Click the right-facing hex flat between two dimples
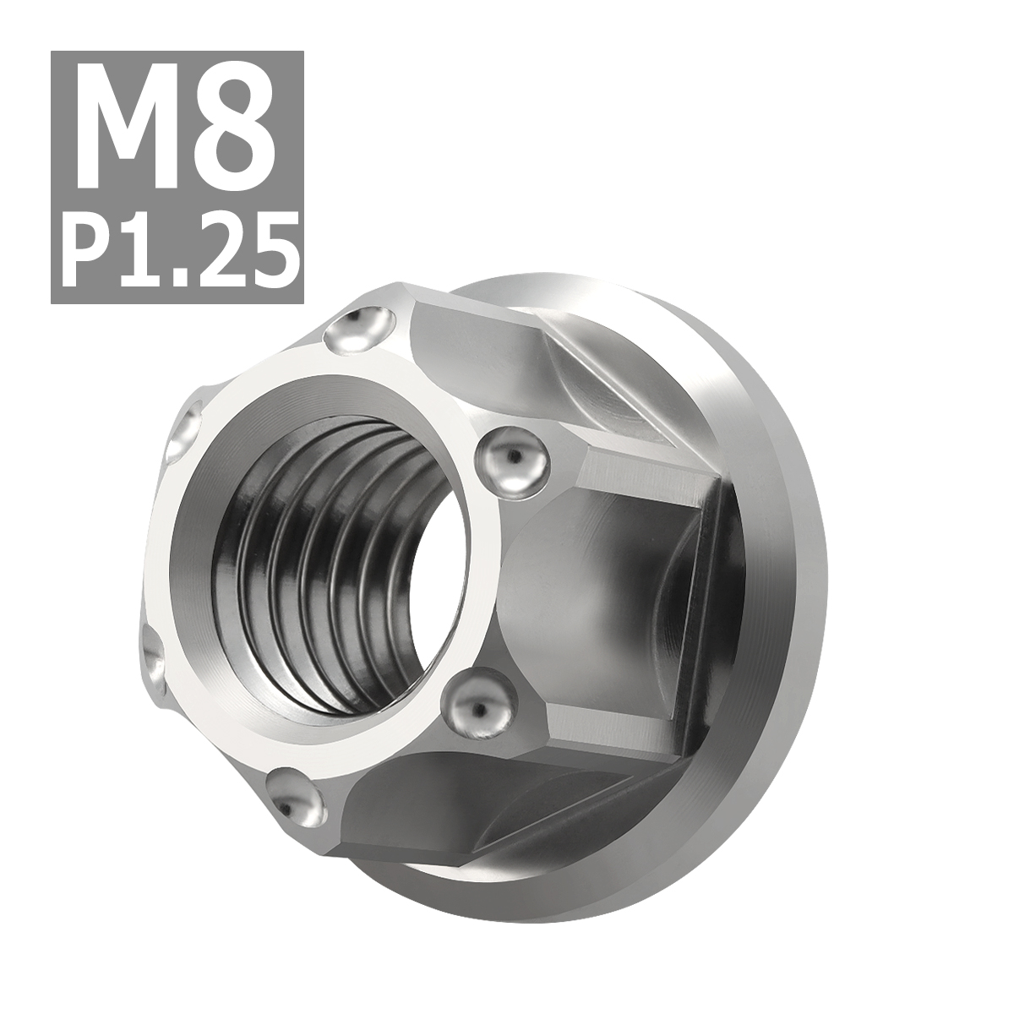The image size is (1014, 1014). pyautogui.click(x=591, y=583)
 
